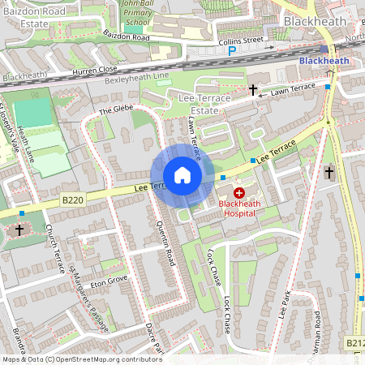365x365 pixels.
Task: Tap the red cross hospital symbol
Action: pyautogui.click(x=240, y=192)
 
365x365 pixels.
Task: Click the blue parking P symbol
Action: pyautogui.click(x=232, y=50)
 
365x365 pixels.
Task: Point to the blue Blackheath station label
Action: pyautogui.click(x=324, y=61)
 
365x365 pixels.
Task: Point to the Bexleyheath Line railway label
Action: pyautogui.click(x=137, y=78)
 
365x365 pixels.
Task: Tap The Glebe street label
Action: pyautogui.click(x=115, y=110)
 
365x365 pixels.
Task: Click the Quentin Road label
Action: pyautogui.click(x=166, y=244)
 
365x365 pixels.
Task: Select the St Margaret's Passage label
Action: pyautogui.click(x=88, y=290)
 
